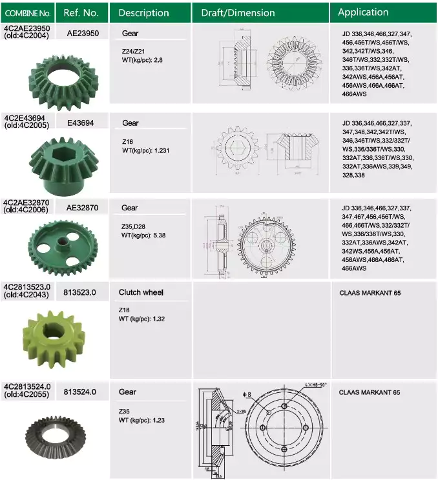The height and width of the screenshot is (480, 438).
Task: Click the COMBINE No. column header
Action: point(27,12)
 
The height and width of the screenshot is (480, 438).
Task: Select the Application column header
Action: point(363,12)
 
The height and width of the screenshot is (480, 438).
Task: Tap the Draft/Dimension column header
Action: point(238,12)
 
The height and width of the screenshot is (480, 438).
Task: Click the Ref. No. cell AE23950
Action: point(83,34)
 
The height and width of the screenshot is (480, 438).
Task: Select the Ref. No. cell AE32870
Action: point(83,208)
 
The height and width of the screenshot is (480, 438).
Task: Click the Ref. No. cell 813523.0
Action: point(80,292)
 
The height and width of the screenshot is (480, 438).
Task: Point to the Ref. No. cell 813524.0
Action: point(80,391)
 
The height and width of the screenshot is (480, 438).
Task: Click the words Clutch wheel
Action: point(141,292)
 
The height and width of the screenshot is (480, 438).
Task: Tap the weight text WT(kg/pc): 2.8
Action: point(146,59)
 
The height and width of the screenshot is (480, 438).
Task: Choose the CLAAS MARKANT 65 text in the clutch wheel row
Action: point(370,293)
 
